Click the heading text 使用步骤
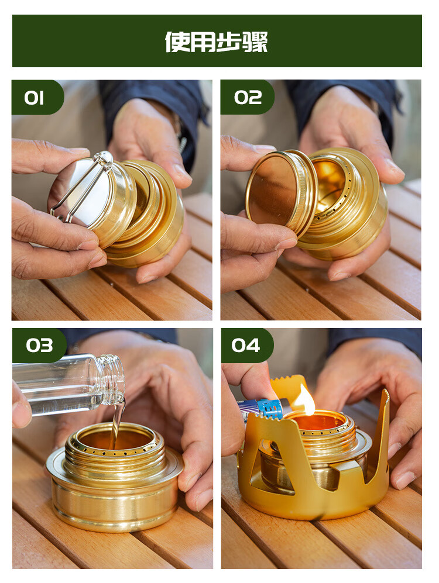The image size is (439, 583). (x=217, y=42)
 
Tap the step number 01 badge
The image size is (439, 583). (x=35, y=98)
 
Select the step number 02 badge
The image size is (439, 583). (x=247, y=98)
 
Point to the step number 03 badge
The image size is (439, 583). (x=38, y=346)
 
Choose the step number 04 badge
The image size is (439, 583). (x=246, y=346)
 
